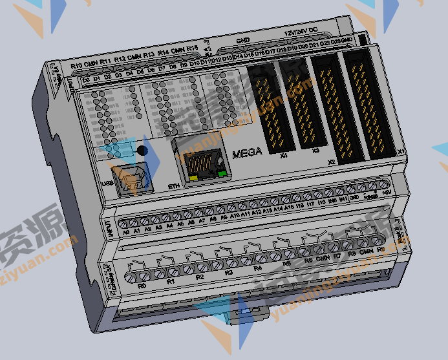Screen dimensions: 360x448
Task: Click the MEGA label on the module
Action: (x=247, y=153)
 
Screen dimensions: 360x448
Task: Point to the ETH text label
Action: (x=174, y=187)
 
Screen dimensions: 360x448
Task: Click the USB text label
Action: (x=108, y=184)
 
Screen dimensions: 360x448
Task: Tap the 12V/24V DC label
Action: (x=301, y=30)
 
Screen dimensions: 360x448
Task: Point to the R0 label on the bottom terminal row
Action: (x=142, y=284)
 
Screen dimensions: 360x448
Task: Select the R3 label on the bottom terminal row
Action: (x=228, y=272)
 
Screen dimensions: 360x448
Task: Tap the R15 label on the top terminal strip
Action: (x=192, y=49)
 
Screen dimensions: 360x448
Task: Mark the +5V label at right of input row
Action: (x=387, y=193)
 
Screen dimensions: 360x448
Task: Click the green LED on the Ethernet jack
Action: (x=222, y=173)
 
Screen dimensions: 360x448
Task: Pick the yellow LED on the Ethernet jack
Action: (x=192, y=176)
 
